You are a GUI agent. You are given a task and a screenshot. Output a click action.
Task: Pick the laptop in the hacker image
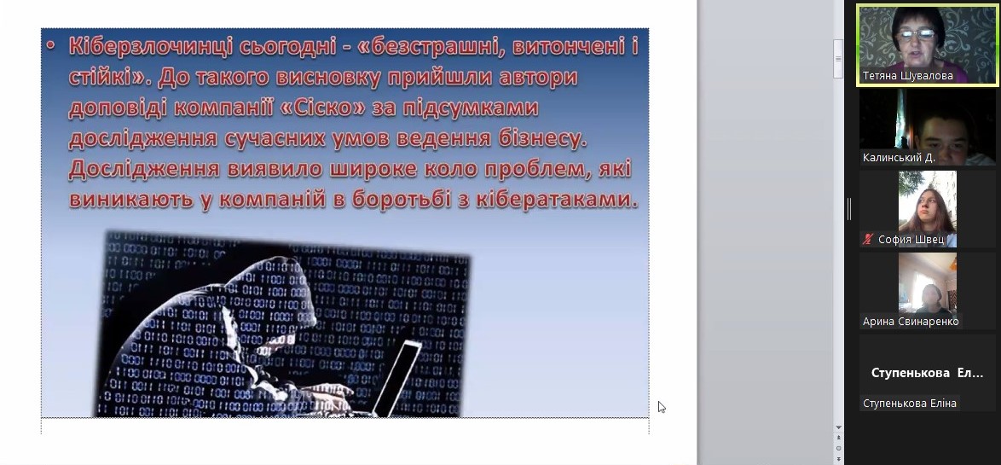396,378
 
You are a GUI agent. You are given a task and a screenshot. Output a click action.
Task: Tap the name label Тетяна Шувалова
908,75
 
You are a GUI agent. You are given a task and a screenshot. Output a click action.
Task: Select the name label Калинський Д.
899,157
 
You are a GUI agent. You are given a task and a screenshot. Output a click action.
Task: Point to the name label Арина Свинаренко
911,322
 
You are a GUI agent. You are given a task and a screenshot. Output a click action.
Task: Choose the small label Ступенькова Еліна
910,403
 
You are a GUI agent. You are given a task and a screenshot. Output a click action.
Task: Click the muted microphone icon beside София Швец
868,240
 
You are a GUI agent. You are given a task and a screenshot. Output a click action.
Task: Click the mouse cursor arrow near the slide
662,407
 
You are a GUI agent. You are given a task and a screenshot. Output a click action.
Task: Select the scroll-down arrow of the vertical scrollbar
838,427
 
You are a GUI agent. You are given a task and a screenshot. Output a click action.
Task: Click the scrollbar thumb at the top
838,58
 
